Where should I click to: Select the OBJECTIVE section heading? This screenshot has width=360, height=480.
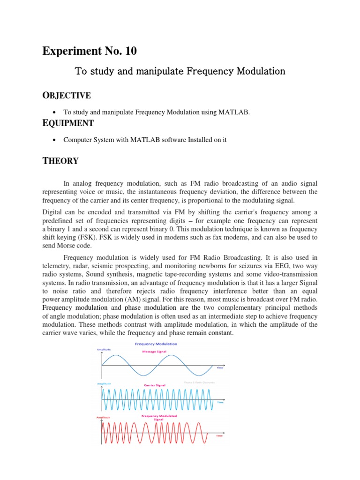(x=67, y=96)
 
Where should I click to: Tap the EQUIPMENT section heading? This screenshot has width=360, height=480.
(x=68, y=123)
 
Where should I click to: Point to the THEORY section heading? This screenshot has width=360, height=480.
(x=60, y=161)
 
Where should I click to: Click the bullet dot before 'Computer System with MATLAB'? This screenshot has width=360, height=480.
(x=55, y=140)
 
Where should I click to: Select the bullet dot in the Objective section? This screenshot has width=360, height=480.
(x=55, y=112)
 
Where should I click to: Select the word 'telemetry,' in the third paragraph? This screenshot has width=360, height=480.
(x=57, y=266)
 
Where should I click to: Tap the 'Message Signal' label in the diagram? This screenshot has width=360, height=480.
(x=155, y=351)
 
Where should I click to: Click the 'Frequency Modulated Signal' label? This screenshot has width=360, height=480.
(x=156, y=418)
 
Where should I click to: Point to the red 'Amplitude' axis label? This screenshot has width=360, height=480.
(x=104, y=417)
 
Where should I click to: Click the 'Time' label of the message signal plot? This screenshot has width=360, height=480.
(x=220, y=368)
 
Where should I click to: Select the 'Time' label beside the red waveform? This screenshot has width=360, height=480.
(x=218, y=436)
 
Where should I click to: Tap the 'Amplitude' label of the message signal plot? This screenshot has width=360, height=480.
(x=104, y=349)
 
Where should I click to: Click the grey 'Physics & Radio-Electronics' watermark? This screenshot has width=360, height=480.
(x=199, y=382)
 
